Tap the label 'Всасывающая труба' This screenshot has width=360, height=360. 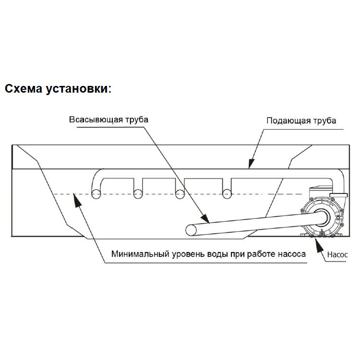[108, 120]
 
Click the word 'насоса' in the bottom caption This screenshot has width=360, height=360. [291, 254]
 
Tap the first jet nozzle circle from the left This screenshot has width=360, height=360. [96, 193]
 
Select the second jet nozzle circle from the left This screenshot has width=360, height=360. [138, 193]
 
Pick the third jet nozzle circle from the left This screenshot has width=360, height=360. [180, 193]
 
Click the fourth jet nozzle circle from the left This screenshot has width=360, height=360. [226, 193]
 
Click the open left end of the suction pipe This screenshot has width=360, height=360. [192, 230]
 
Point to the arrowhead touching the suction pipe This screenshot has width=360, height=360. [206, 221]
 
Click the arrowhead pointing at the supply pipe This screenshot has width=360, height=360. [250, 166]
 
